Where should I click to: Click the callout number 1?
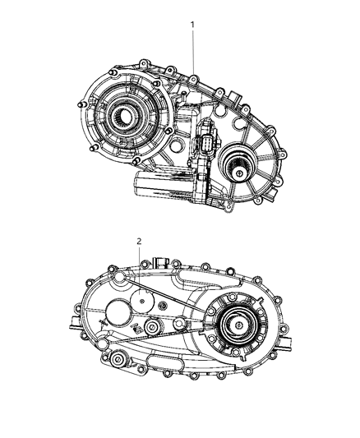point(192,25)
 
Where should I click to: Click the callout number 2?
point(139,241)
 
